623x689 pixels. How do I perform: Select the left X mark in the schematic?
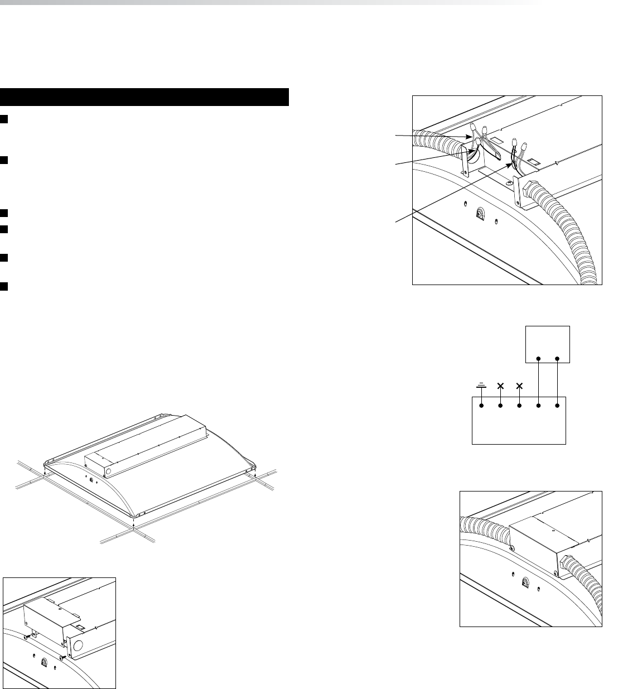pyautogui.click(x=500, y=386)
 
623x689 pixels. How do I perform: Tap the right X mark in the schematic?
pyautogui.click(x=520, y=386)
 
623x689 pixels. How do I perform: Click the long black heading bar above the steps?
pyautogui.click(x=144, y=97)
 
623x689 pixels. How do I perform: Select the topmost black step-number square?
pyautogui.click(x=3, y=119)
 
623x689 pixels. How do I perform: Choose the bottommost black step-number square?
pyautogui.click(x=3, y=286)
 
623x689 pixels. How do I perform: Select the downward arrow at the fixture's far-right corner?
pyautogui.click(x=255, y=475)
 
